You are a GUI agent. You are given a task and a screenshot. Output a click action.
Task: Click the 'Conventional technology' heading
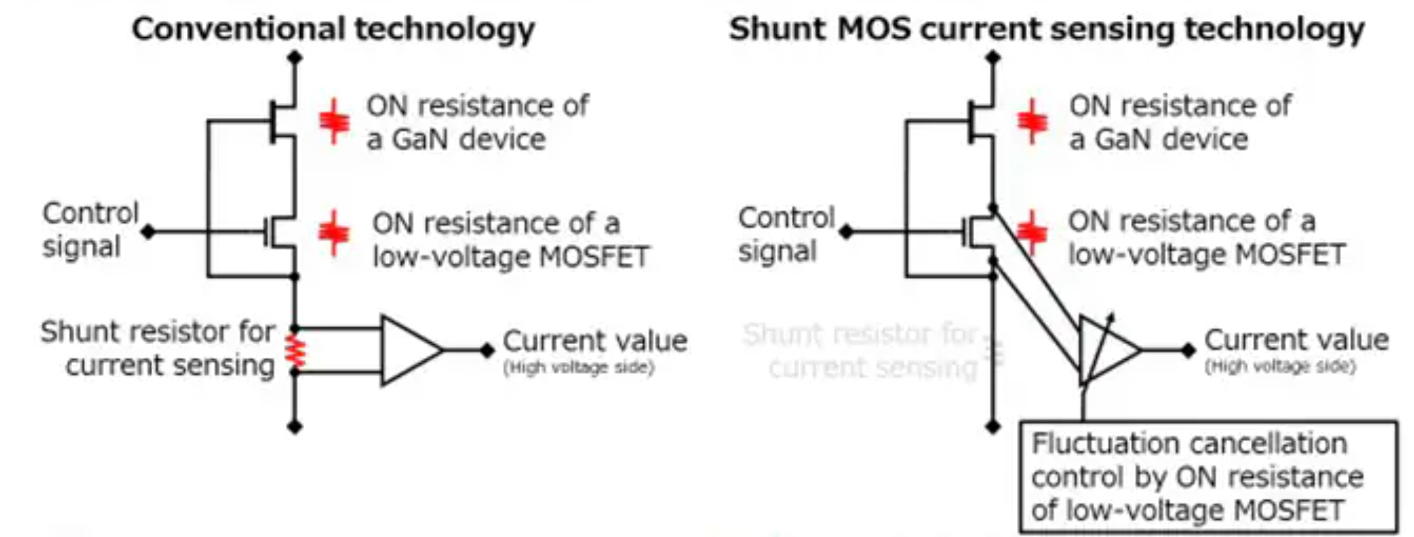coord(333,29)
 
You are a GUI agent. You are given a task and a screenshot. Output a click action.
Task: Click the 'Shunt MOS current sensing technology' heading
coord(1047,29)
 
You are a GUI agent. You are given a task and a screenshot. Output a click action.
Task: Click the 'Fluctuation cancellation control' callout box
coord(1207,476)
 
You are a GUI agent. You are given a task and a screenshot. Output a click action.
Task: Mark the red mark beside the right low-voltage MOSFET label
coord(1032,232)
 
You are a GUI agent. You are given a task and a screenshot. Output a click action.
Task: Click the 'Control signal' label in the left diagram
coord(89,229)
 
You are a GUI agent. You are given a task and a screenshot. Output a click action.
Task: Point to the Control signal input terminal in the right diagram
coord(846,232)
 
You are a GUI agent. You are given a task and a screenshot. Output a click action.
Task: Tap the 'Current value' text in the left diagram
coord(595,341)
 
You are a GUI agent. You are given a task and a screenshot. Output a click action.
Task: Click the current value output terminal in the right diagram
coord(1188,350)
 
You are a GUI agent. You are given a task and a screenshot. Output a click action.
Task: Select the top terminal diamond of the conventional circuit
coord(295,57)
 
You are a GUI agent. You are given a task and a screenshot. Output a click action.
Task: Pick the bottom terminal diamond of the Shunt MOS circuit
coord(993,426)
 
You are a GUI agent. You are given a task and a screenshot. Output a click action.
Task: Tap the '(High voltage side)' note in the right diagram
coord(1280,367)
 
